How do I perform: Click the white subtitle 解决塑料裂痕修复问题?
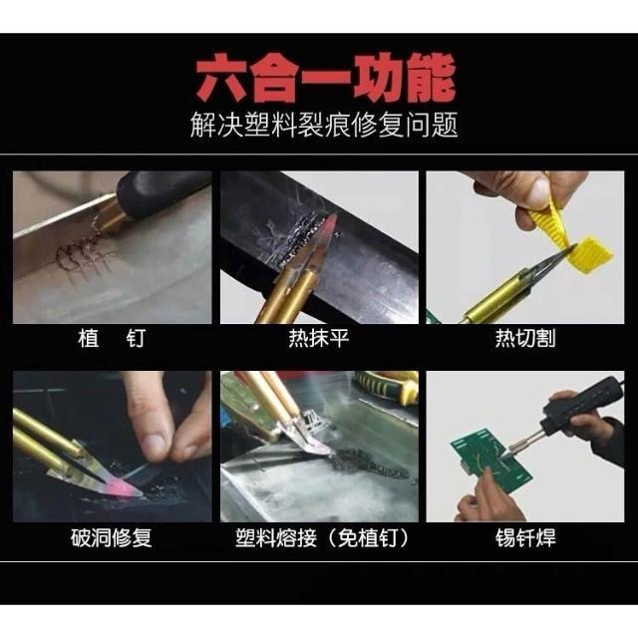pos(324,125)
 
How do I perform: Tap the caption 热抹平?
pos(319,339)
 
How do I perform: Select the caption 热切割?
pos(525,339)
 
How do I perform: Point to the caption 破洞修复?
pos(112,538)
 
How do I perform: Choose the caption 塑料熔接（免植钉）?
pos(322,538)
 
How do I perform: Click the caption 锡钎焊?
pos(525,538)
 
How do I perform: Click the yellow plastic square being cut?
pos(594,254)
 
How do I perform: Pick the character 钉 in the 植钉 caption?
pos(136,339)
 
